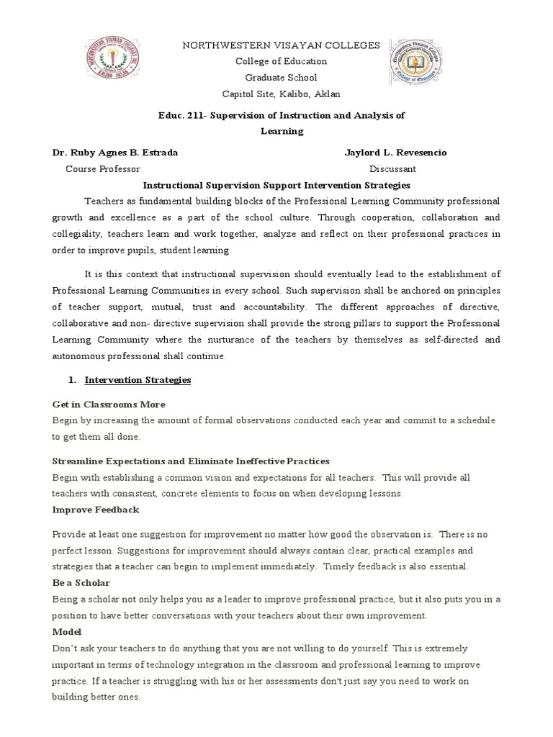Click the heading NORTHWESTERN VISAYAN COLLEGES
279,45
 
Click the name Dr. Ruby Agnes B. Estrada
114,153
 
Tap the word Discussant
392,169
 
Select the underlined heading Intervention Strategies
138,379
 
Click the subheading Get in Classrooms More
109,404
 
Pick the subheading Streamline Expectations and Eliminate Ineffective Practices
191,461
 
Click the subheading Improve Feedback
96,510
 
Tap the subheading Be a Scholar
81,583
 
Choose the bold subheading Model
66,631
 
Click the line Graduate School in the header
280,78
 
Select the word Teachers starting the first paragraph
104,201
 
